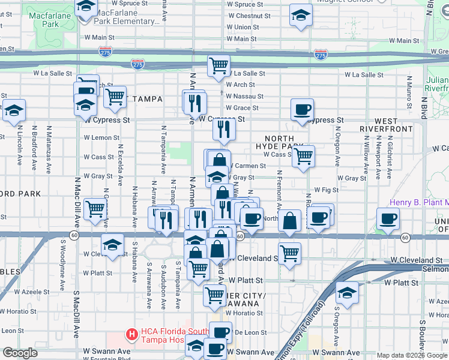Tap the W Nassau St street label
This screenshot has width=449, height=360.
pyautogui.click(x=244, y=96)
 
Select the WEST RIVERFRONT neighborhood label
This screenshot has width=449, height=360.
pyautogui.click(x=386, y=125)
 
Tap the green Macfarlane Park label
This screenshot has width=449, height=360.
pyautogui.click(x=43, y=20)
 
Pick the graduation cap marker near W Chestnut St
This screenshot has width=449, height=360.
pyautogui.click(x=301, y=16)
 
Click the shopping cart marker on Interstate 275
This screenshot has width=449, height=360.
pyautogui.click(x=218, y=66)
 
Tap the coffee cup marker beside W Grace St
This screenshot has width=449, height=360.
pyautogui.click(x=302, y=110)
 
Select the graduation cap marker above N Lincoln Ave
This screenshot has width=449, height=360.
pyautogui.click(x=14, y=111)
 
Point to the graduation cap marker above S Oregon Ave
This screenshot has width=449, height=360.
pyautogui.click(x=347, y=293)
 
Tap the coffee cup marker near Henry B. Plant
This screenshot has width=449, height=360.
pyautogui.click(x=388, y=219)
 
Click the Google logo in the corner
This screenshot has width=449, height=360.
pyautogui.click(x=20, y=353)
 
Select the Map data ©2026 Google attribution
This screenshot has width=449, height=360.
pyautogui.click(x=412, y=355)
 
